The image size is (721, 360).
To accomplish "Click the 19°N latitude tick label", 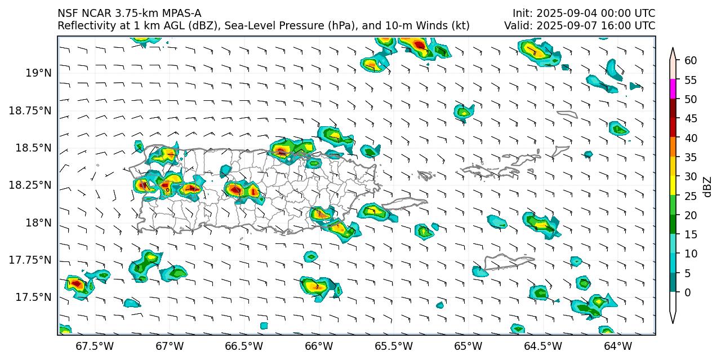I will [38, 73].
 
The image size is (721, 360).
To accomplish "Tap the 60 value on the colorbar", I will [691, 61].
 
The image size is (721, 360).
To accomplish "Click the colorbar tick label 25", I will [691, 196].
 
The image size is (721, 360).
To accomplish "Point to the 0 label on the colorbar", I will [688, 292].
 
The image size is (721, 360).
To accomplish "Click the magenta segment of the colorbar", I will [673, 89].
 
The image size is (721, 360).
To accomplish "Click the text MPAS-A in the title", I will [181, 14].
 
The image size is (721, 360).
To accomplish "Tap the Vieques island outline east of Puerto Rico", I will [404, 203].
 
